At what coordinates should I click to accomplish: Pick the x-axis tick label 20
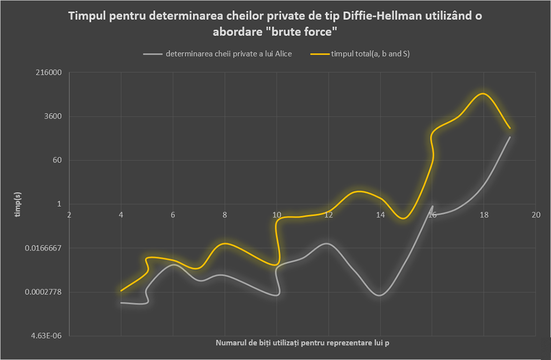(535, 215)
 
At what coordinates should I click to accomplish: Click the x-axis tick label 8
(225, 215)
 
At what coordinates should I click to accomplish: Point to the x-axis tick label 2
(69, 215)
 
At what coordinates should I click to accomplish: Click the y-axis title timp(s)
(17, 204)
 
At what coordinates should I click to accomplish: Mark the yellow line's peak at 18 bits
(484, 94)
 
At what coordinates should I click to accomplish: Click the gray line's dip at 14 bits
(380, 295)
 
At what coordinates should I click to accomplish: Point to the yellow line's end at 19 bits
(510, 129)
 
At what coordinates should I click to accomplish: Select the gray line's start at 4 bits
(121, 302)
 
